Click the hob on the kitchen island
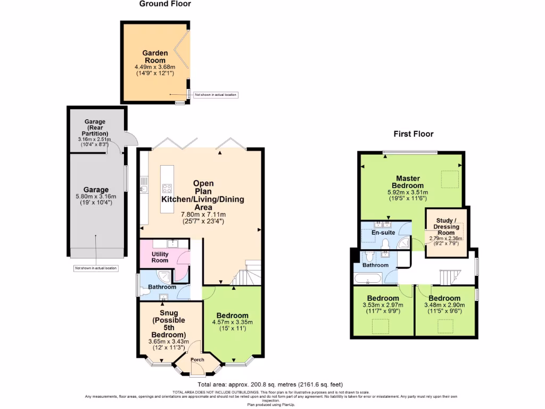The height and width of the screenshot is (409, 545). click(x=167, y=188)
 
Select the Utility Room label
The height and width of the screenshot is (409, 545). click(x=156, y=257)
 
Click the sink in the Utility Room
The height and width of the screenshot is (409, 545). click(x=174, y=244)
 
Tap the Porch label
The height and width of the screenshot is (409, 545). click(x=197, y=360)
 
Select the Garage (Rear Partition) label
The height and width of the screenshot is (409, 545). click(x=95, y=128)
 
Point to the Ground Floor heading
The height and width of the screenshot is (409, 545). click(x=165, y=4)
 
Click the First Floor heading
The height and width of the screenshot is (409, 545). click(x=413, y=134)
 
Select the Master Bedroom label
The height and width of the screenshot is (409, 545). click(x=408, y=182)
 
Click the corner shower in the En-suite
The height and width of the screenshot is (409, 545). click(x=404, y=244)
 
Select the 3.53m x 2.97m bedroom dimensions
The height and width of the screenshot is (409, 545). click(x=383, y=305)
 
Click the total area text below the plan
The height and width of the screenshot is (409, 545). click(x=270, y=385)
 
